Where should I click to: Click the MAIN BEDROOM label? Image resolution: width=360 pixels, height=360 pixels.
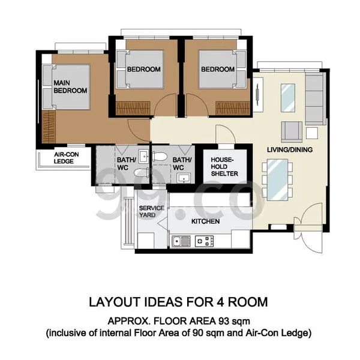coord(70,86)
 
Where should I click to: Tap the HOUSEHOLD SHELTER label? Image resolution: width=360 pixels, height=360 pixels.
coord(224,167)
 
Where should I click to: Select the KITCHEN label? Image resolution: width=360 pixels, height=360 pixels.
coord(205,221)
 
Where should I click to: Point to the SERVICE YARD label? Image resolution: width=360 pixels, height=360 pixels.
coord(152,211)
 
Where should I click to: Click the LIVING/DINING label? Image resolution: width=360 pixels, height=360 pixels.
coord(290,149)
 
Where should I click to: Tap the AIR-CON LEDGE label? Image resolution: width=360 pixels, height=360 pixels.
coord(66,158)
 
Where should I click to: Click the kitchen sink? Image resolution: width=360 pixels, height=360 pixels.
coord(181,241)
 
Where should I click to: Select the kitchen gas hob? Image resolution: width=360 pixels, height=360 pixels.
coord(205,241)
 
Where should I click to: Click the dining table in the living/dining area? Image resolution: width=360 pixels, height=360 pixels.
coord(277,179)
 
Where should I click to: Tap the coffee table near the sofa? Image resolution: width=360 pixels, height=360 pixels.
coord(288,98)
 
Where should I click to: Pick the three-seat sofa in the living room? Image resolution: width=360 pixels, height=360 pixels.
coord(316,99)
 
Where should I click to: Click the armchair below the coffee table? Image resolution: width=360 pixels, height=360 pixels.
coord(292,132)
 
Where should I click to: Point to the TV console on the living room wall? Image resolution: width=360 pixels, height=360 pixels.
coord(258,94)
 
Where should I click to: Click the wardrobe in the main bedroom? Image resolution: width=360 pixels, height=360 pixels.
coord(49,127)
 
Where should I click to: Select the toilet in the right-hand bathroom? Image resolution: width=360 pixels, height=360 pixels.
coord(160,157)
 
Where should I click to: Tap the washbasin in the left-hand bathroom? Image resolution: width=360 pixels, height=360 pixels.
coord(144,157)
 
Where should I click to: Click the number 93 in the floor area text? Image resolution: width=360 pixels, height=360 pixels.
coord(224,321)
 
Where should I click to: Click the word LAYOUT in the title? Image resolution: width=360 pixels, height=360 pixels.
coord(115,302)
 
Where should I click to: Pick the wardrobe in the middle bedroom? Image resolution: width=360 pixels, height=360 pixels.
coord(133,108)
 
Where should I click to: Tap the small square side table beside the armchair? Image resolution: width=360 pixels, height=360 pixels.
coord(312,133)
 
